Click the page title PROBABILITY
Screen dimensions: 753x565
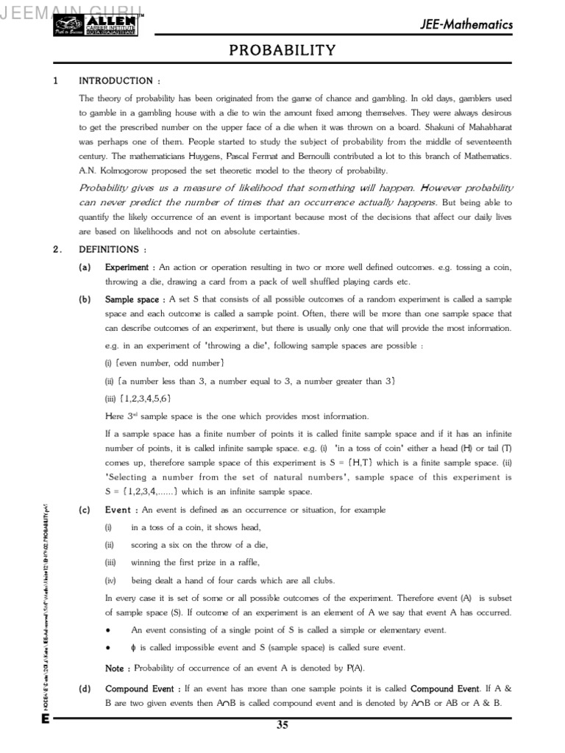click(282, 51)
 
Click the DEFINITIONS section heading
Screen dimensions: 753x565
click(113, 249)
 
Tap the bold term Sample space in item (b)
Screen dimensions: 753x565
click(132, 300)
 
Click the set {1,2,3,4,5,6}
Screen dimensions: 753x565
click(143, 399)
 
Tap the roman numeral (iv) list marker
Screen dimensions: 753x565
click(110, 580)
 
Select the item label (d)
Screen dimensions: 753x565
click(85, 689)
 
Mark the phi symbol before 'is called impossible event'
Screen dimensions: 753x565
click(132, 648)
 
